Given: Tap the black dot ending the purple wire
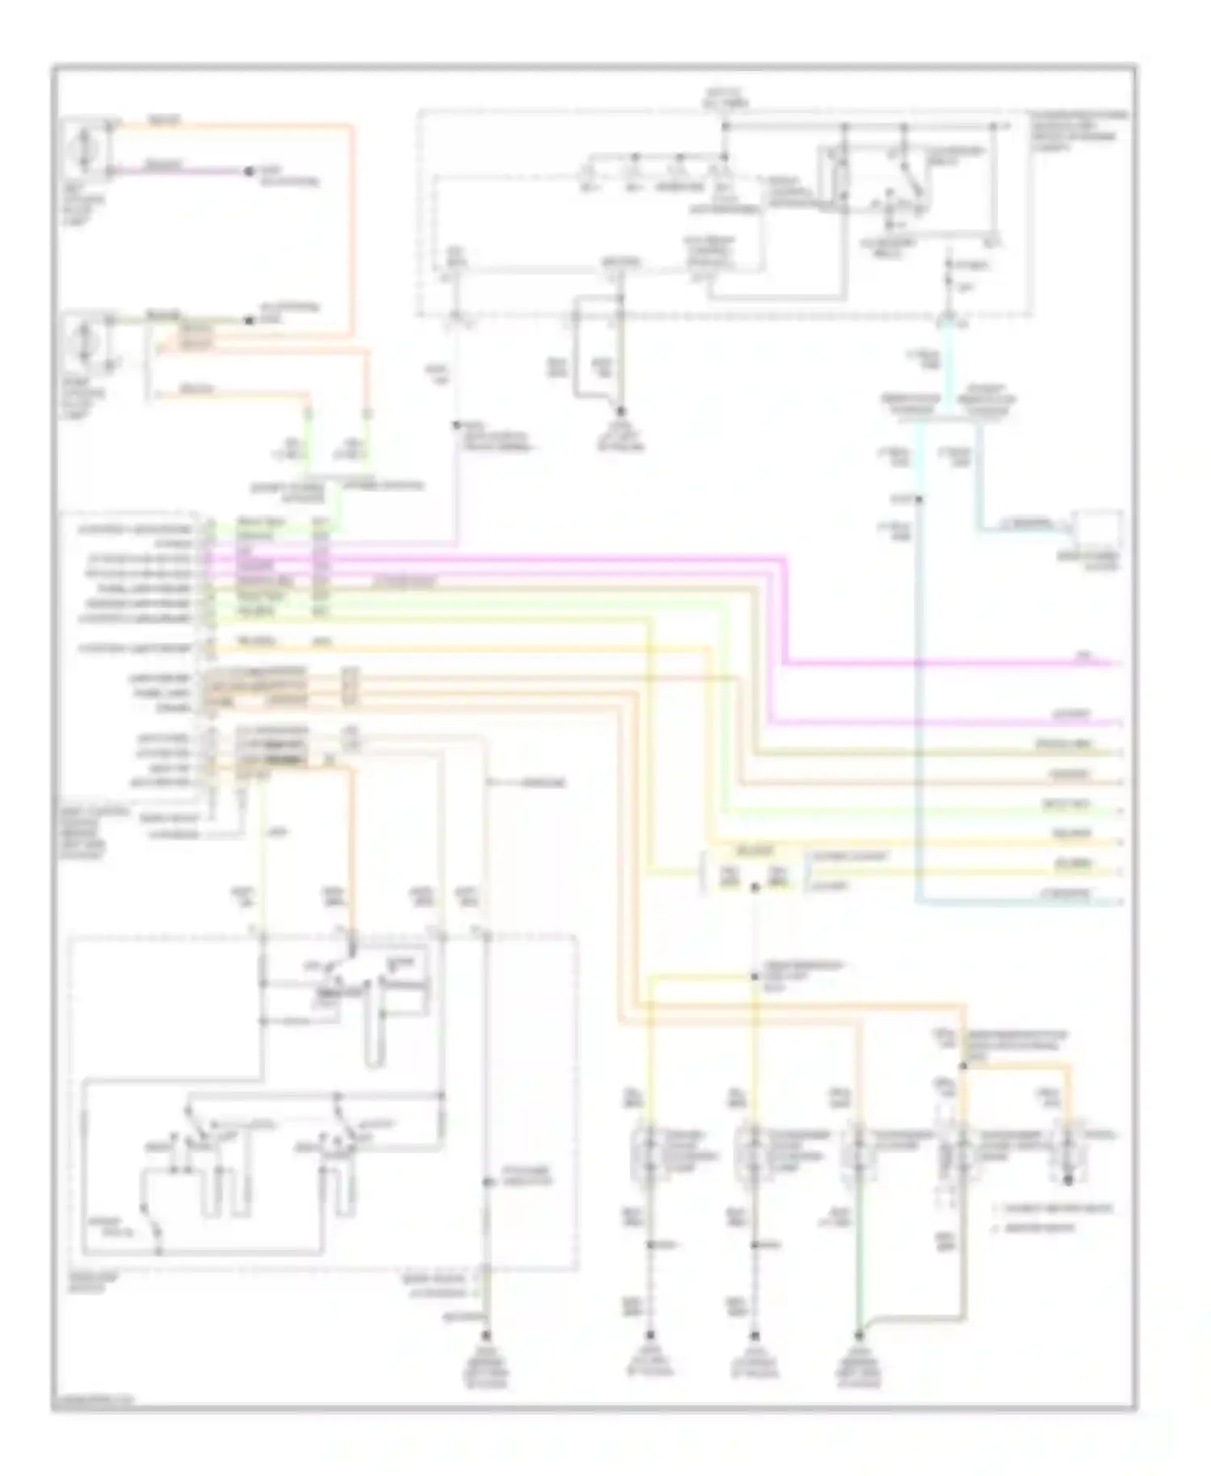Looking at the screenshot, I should (249, 172).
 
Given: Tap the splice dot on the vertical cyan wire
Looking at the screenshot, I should (919, 500).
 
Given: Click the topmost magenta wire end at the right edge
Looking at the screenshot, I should (1117, 664).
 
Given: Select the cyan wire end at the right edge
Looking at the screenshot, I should (1117, 901).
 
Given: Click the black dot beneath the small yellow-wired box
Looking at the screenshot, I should (754, 887).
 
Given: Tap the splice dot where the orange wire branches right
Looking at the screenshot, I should (962, 1066).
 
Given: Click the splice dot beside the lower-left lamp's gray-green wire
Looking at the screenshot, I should (249, 321).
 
